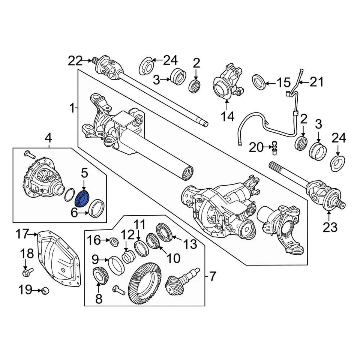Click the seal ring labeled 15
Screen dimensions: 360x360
click(258, 82)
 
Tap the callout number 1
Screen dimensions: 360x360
click(72, 109)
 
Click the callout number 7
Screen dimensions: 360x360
click(212, 277)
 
